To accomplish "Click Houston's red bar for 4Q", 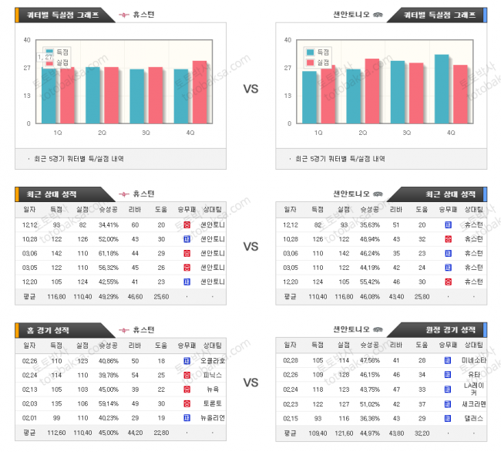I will coord(200,92).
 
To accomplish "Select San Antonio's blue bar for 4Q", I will coord(442,89).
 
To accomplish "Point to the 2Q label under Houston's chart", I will coord(102,133).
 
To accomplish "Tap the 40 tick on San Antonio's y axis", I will coord(287,40).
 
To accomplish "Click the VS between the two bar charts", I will coord(250,89).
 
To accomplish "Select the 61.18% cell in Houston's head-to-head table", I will coord(109,253).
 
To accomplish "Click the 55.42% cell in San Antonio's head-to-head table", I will coord(369,282).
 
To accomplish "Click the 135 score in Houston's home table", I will coord(56,403).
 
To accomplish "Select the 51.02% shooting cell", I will coord(369,403).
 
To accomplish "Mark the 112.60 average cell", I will coord(56,433).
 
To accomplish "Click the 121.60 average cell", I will coord(343,433).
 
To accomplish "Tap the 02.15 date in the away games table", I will coord(291,418).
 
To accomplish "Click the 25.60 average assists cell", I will coord(160,296).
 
